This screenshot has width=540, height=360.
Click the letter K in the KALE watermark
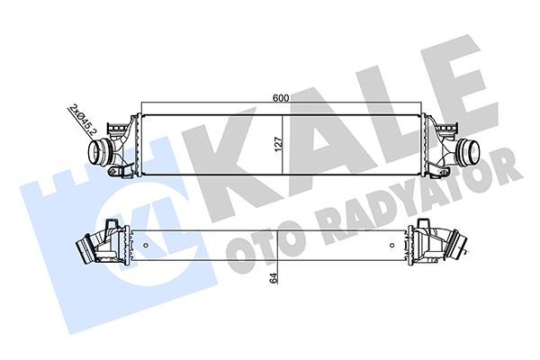click(x=229, y=153)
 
